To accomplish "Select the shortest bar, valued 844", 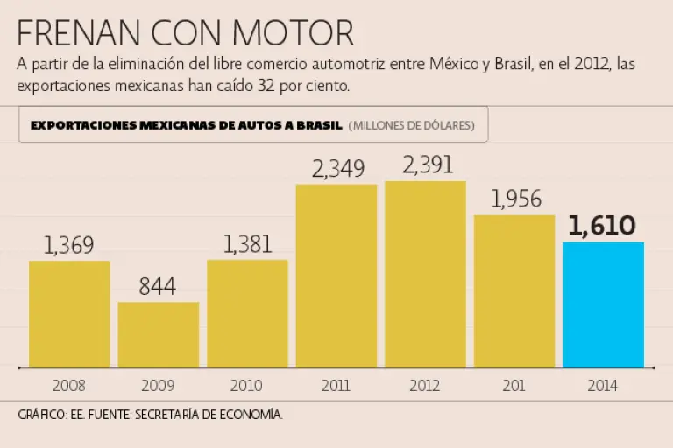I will (159, 334).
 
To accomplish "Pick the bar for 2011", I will (336, 276).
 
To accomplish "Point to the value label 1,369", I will (68, 246).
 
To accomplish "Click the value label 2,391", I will (425, 165).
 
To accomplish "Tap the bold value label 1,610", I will (602, 226).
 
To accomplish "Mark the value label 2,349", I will (337, 168).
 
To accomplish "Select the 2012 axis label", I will (425, 385).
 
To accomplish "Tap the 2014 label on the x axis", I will (603, 385).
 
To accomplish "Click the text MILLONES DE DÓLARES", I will (412, 125).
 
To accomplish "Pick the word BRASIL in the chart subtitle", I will (319, 125).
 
